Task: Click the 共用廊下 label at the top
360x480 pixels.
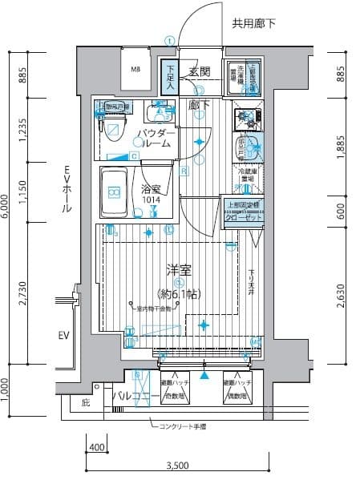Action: tap(253, 25)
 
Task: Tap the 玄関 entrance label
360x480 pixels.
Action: tap(200, 73)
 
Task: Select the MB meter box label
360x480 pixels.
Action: tap(136, 69)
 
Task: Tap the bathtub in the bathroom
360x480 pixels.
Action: tap(115, 192)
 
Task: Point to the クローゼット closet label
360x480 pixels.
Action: tap(241, 216)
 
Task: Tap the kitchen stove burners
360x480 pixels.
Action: tap(248, 119)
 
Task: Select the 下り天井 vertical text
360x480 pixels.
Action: tap(251, 281)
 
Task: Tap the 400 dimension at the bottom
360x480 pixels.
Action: tap(96, 446)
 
